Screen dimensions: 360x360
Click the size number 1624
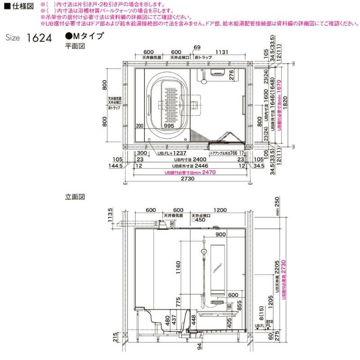(x=40, y=37)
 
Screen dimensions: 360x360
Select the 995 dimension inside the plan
(x=169, y=126)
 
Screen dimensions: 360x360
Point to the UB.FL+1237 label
(x=172, y=153)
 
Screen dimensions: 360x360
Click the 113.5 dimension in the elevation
(x=110, y=218)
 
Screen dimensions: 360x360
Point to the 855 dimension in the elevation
(x=239, y=308)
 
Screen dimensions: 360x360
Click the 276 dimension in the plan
(x=231, y=75)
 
